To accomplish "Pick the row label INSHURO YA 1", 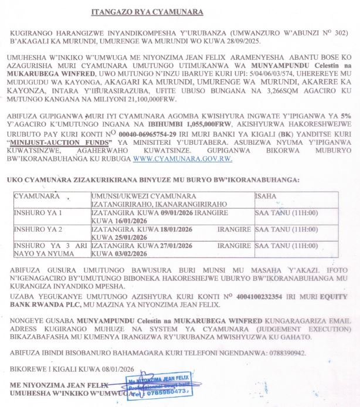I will pos(37,212).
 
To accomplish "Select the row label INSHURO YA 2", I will pos(37,229).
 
